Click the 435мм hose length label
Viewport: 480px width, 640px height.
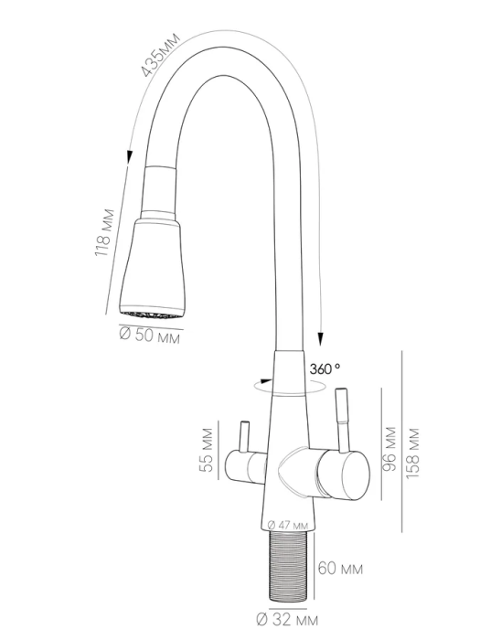160,55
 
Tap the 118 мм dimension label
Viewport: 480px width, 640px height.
104,233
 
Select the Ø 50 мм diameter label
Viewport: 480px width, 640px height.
149,336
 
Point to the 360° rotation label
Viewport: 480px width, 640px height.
325,369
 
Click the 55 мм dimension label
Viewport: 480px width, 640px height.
207,450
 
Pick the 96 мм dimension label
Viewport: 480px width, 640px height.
389,449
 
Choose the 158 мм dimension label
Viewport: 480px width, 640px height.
412,453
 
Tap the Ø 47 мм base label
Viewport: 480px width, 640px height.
288,525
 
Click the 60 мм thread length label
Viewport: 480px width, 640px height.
340,568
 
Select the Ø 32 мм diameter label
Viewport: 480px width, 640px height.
287,621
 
